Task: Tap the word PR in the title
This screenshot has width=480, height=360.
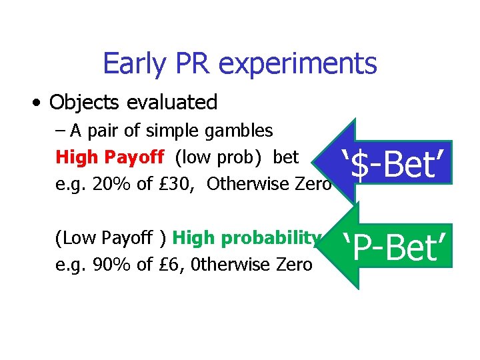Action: coord(193,64)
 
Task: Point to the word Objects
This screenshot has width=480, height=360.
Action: coord(81,103)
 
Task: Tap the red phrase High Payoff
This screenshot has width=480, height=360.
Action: coord(110,157)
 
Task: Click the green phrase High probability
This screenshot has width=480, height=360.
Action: coord(247,238)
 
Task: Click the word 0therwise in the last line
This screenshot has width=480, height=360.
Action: coord(229,265)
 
